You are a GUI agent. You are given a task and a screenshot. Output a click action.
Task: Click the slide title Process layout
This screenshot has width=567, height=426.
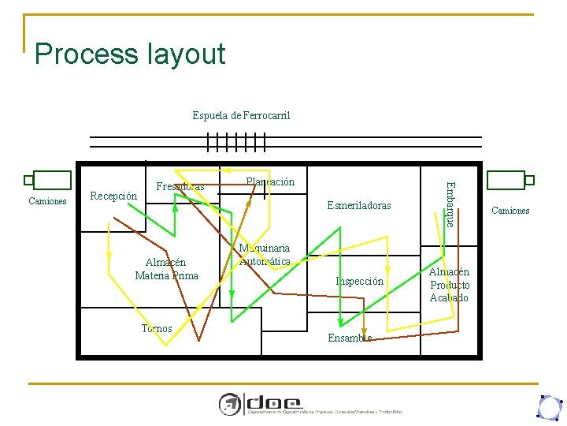(x=130, y=54)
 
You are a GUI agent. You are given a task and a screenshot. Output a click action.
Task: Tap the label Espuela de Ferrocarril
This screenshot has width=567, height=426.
(x=241, y=116)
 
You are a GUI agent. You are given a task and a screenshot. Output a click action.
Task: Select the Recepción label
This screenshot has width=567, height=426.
(x=114, y=196)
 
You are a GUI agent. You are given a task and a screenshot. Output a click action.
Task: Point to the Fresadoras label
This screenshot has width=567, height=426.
(x=180, y=187)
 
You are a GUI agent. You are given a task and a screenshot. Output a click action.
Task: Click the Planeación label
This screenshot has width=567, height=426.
(x=270, y=182)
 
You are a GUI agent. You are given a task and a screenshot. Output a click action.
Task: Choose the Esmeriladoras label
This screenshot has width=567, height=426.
(x=358, y=206)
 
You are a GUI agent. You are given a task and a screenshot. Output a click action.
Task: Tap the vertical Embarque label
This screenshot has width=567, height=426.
(x=449, y=204)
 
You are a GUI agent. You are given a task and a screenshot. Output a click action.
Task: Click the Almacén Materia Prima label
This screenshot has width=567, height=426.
(x=166, y=269)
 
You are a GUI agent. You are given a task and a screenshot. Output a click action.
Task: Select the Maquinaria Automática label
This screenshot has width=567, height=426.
(x=265, y=255)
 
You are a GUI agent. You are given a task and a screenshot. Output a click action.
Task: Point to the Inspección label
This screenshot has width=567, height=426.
(x=359, y=282)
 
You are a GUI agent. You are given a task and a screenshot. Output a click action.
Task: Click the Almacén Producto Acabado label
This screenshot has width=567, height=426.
(x=449, y=285)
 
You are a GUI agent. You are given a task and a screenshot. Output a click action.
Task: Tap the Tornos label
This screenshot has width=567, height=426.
(x=157, y=329)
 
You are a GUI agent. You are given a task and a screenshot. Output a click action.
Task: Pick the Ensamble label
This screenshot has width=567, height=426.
(x=349, y=338)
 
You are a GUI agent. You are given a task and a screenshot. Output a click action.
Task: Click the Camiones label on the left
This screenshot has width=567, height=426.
(x=47, y=201)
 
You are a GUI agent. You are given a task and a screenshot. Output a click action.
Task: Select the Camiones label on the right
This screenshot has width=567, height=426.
(x=510, y=211)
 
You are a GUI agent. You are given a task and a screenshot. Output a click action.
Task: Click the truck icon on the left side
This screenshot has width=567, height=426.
(x=48, y=181)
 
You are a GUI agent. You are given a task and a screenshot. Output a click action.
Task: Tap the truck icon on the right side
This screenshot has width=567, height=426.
(x=510, y=181)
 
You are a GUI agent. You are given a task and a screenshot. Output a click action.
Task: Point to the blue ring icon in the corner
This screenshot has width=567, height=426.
(x=548, y=406)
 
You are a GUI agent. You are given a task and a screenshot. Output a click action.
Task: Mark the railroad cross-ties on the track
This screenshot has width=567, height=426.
(x=235, y=142)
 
